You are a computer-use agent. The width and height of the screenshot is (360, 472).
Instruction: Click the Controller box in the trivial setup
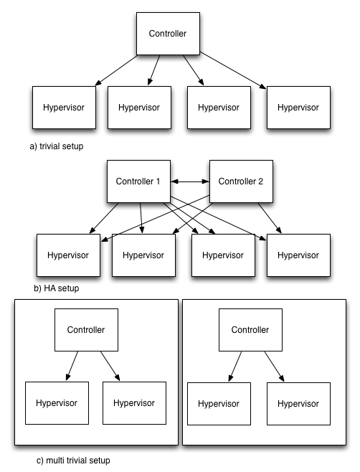pyautogui.click(x=168, y=34)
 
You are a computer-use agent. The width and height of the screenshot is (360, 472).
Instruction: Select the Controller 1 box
pyautogui.click(x=138, y=181)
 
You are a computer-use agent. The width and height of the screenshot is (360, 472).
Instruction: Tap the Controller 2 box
pyautogui.click(x=241, y=181)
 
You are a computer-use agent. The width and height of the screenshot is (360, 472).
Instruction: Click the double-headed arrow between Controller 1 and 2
pyautogui.click(x=190, y=181)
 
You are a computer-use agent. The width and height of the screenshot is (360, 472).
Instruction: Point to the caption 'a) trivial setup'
pyautogui.click(x=57, y=146)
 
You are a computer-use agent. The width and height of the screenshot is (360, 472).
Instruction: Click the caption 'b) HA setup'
pyautogui.click(x=56, y=288)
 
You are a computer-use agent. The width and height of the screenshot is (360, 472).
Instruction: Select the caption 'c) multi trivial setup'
pyautogui.click(x=73, y=461)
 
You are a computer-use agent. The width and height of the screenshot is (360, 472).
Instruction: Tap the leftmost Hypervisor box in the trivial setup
pyautogui.click(x=64, y=108)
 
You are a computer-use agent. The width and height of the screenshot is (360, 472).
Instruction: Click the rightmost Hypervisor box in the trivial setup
pyautogui.click(x=298, y=108)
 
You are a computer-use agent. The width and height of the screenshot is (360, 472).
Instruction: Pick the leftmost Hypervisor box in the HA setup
pyautogui.click(x=68, y=255)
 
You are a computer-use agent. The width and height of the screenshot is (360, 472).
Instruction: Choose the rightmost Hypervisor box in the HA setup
pyautogui.click(x=298, y=255)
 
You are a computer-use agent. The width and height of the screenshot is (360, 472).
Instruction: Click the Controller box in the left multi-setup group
pyautogui.click(x=86, y=330)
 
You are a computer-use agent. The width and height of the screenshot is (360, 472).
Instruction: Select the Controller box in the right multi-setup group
pyautogui.click(x=250, y=330)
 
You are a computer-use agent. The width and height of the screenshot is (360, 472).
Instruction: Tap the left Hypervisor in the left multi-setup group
pyautogui.click(x=57, y=403)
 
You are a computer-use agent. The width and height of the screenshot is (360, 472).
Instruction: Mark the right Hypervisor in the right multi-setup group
pyautogui.click(x=298, y=404)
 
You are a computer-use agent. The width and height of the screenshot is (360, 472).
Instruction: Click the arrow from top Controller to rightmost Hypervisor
pyautogui.click(x=233, y=70)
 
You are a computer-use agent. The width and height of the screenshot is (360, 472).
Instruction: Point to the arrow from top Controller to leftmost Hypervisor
pyautogui.click(x=116, y=70)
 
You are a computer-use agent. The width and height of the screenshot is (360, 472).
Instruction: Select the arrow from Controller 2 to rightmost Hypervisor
pyautogui.click(x=270, y=218)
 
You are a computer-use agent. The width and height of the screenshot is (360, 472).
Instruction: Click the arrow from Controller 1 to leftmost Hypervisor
pyautogui.click(x=104, y=218)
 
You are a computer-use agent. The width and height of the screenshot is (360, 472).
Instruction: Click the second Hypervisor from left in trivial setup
pyautogui.click(x=139, y=108)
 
